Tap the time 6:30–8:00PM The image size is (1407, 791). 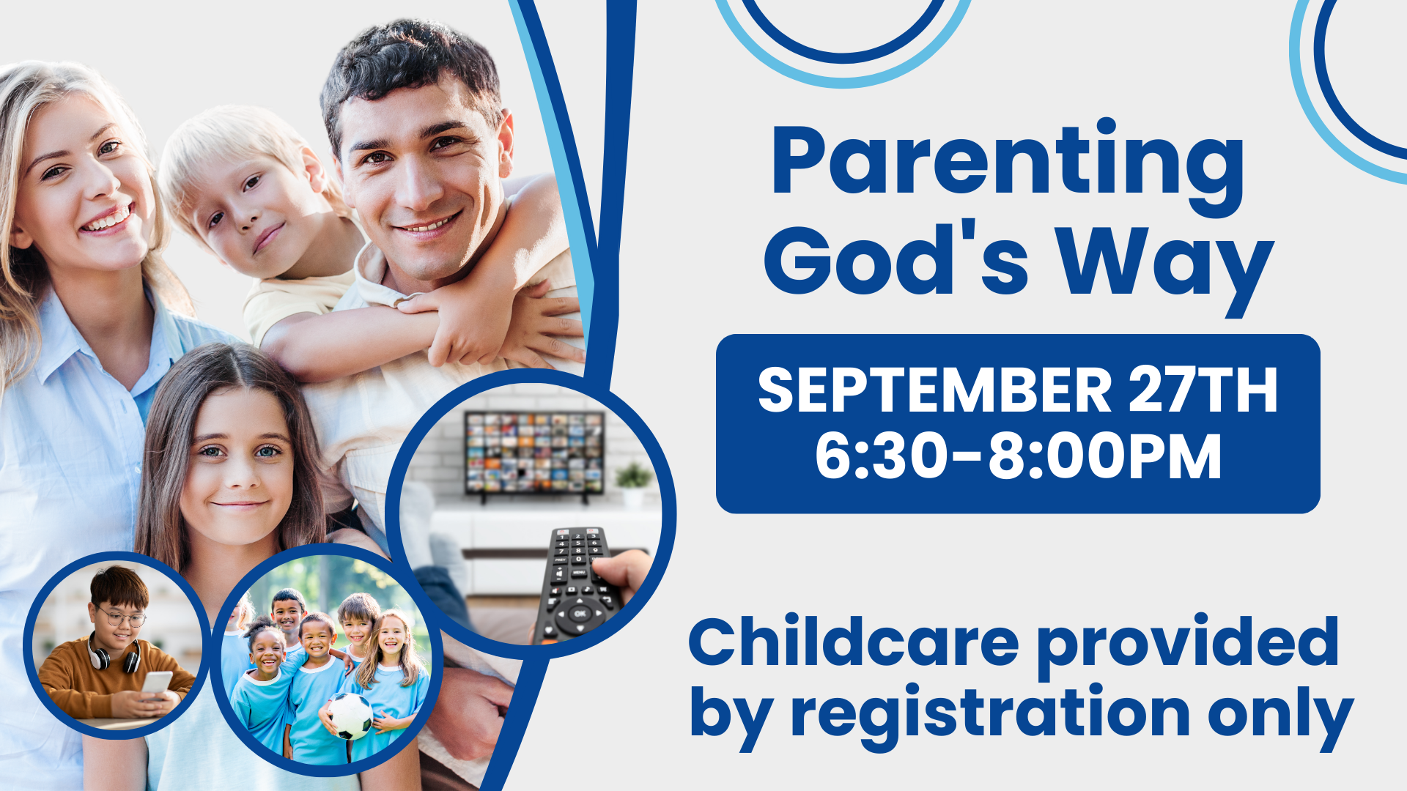[x=1018, y=456]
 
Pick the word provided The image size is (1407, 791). [x=1189, y=645]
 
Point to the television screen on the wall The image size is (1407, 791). [x=534, y=453]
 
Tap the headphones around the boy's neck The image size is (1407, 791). [x=114, y=656]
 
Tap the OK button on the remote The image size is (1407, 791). [x=580, y=613]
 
